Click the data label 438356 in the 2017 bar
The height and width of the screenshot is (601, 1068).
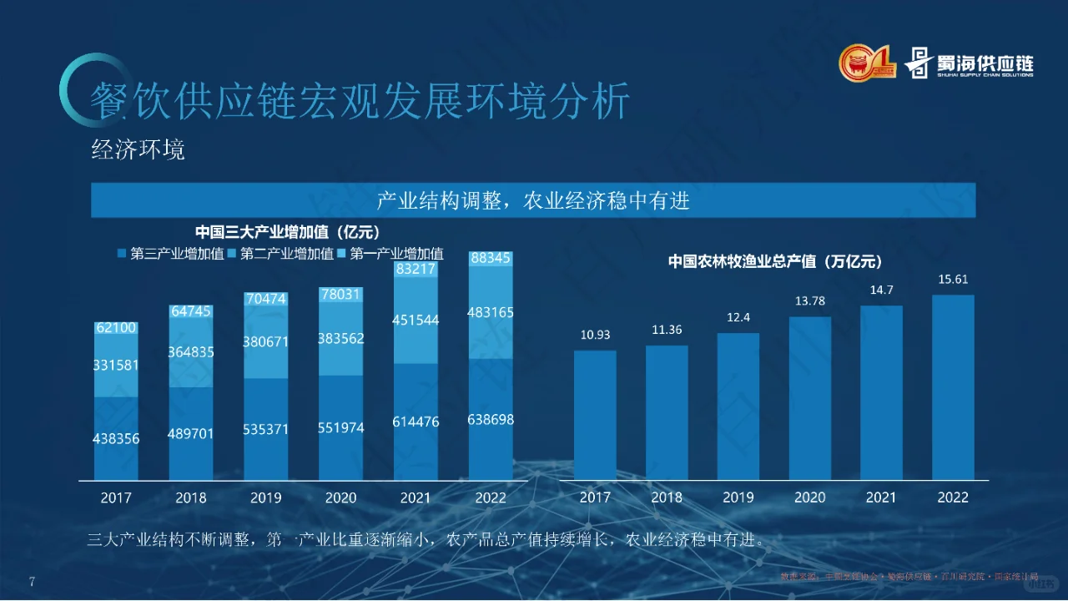pyautogui.click(x=115, y=439)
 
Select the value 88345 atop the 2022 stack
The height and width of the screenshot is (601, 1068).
pyautogui.click(x=491, y=259)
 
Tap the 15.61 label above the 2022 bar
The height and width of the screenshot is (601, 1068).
pyautogui.click(x=952, y=280)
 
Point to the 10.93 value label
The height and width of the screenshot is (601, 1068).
pyautogui.click(x=595, y=335)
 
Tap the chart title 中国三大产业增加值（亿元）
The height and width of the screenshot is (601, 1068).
pyautogui.click(x=287, y=232)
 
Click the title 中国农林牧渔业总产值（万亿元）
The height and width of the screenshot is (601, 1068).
pyautogui.click(x=774, y=261)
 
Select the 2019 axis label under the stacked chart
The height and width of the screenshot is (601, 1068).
pyautogui.click(x=266, y=498)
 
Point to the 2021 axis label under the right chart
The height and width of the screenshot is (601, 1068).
pyautogui.click(x=880, y=497)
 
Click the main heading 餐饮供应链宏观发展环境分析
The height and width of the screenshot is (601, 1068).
pyautogui.click(x=360, y=102)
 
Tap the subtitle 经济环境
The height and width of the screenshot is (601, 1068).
pyautogui.click(x=138, y=150)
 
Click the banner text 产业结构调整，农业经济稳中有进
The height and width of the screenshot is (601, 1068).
pyautogui.click(x=533, y=201)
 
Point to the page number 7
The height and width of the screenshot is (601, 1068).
pyautogui.click(x=32, y=582)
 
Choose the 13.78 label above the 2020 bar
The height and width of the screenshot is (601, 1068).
pyautogui.click(x=809, y=301)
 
